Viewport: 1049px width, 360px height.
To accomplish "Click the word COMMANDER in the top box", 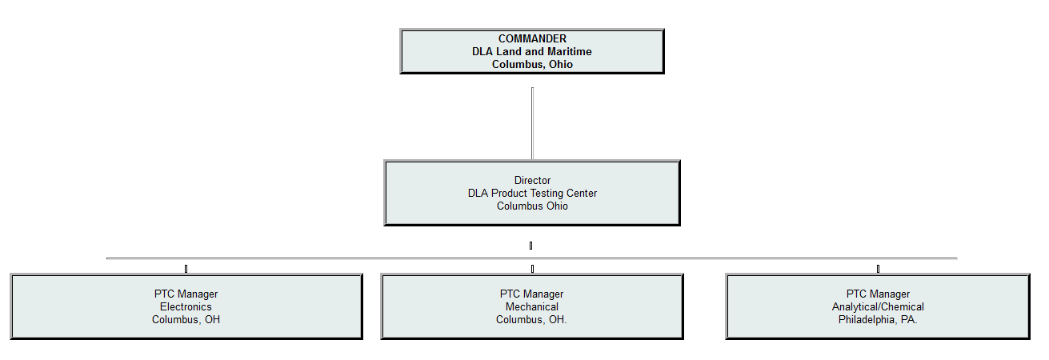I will tap(532, 38).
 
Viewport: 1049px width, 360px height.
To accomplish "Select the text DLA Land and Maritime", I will tap(532, 51).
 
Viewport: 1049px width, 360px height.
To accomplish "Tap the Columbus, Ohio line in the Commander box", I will tap(532, 64).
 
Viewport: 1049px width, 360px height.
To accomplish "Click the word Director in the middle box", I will tap(532, 180).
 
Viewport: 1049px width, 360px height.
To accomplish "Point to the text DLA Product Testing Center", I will tap(532, 193).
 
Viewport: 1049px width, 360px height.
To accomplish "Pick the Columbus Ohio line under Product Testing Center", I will tap(532, 206).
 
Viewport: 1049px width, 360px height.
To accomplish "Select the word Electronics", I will tap(186, 306).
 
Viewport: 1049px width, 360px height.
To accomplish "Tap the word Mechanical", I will tap(532, 306).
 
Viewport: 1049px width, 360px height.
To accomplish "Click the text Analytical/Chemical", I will tap(878, 306).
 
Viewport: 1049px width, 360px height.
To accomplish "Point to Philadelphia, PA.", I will tap(878, 319).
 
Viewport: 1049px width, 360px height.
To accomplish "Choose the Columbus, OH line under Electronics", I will tap(186, 319).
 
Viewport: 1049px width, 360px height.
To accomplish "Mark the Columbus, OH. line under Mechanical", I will tap(532, 319).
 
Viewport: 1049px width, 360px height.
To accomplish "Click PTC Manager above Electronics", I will tap(186, 294).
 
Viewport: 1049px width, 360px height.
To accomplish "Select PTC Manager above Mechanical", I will tap(532, 294).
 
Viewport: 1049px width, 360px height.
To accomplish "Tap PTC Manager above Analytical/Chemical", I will tap(878, 294).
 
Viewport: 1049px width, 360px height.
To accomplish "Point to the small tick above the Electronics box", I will tap(186, 268).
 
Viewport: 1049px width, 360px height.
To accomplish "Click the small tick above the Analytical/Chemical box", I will tap(878, 268).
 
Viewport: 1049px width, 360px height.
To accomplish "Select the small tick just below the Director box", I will tap(531, 245).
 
